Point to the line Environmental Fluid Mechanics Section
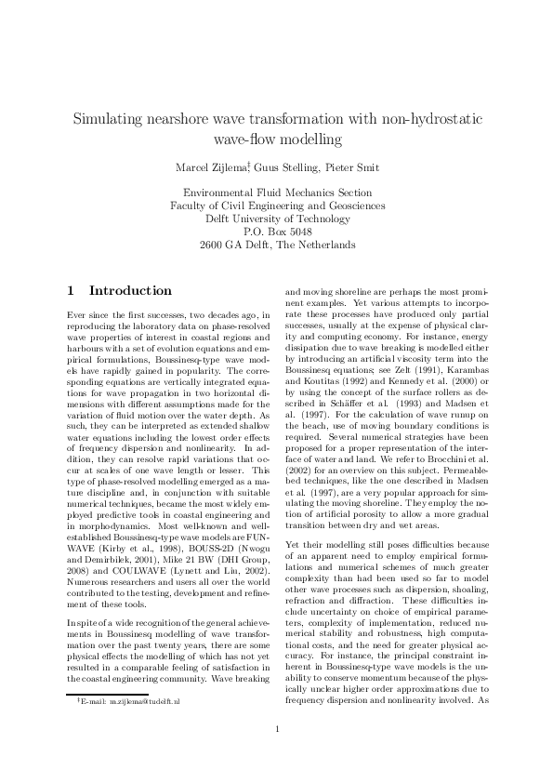click(277, 192)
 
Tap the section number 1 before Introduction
click(71, 291)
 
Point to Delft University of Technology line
click(277, 219)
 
